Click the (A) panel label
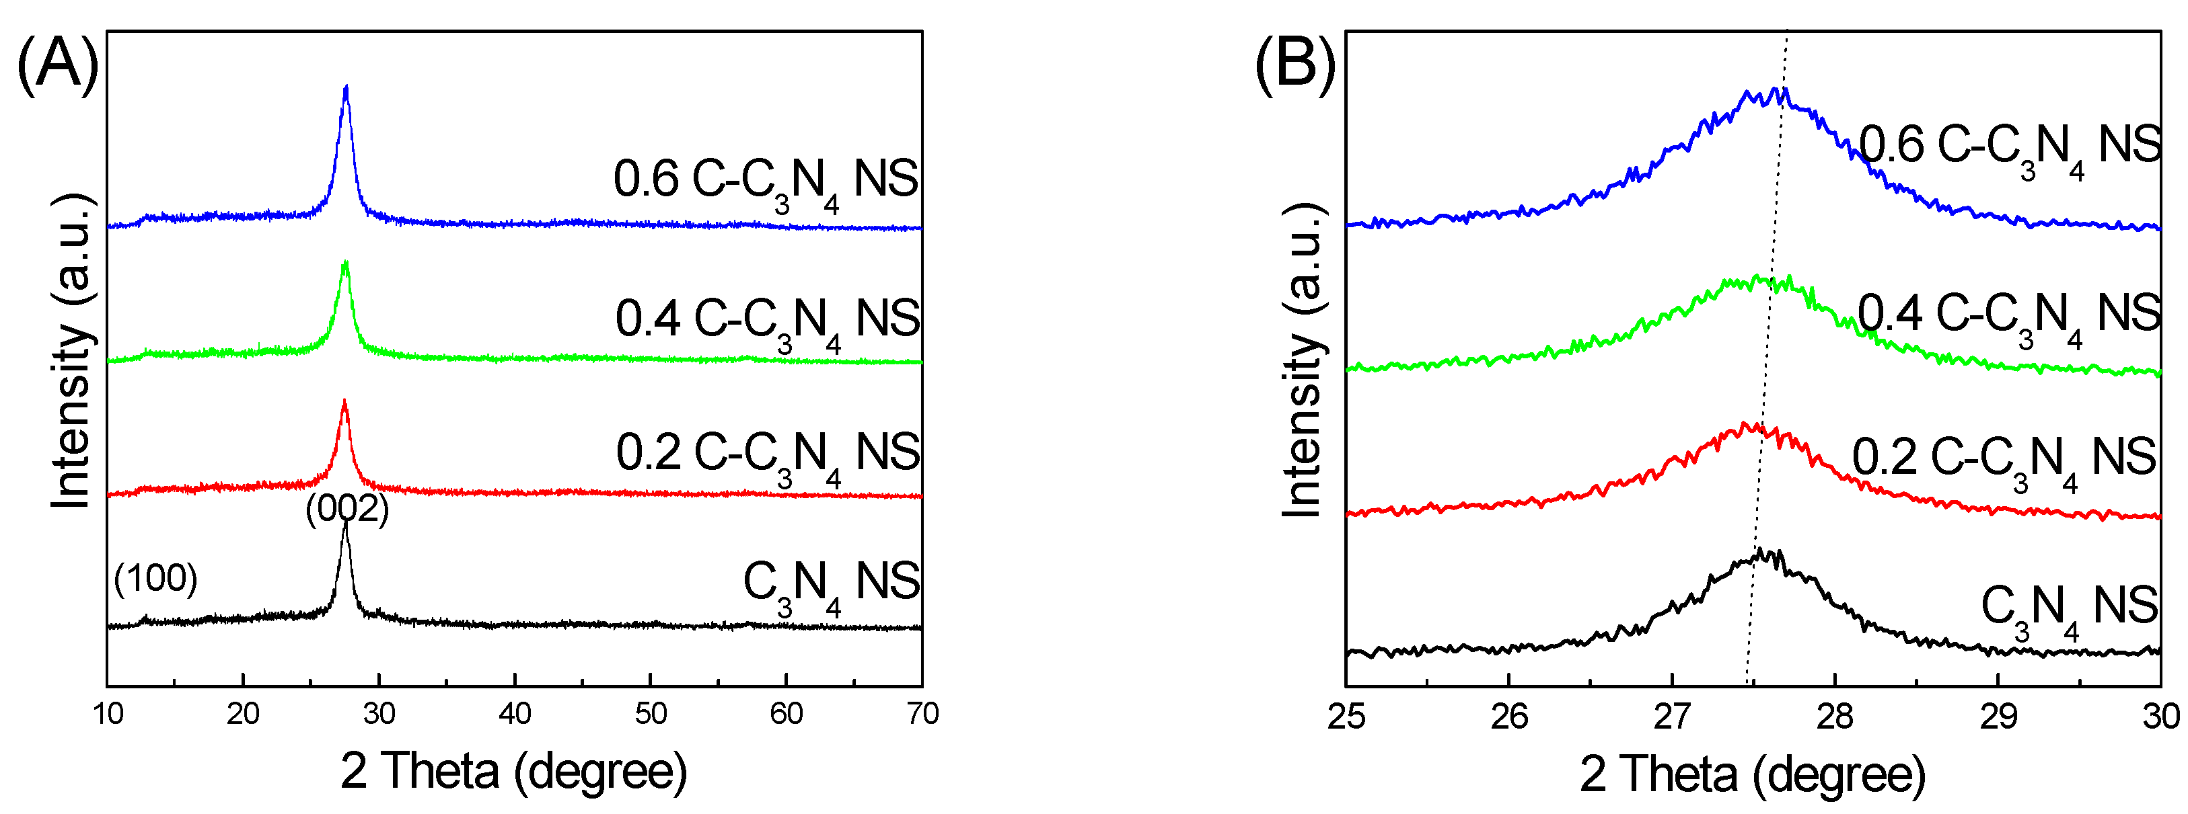[x=57, y=65]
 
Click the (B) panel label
[x=1294, y=65]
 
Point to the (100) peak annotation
[x=155, y=578]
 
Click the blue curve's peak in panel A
[x=346, y=87]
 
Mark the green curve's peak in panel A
[x=345, y=263]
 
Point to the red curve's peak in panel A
[x=344, y=401]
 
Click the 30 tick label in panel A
[x=379, y=714]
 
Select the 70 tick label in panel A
[x=922, y=714]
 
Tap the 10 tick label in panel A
[x=108, y=714]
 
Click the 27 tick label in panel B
[x=1671, y=717]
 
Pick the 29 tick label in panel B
[x=1998, y=717]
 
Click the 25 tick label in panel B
[x=1346, y=717]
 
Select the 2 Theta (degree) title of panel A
[x=514, y=771]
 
